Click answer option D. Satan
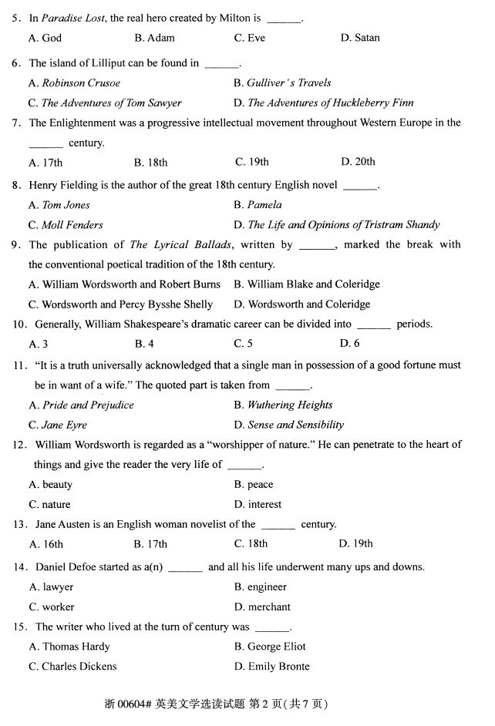(360, 38)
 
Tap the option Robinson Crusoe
(74, 83)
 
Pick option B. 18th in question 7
(150, 163)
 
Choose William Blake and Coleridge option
(307, 284)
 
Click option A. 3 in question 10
(39, 344)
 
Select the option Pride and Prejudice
(81, 405)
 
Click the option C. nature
(49, 505)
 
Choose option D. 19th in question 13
(355, 544)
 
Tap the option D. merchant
(262, 607)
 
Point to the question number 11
(20, 365)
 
